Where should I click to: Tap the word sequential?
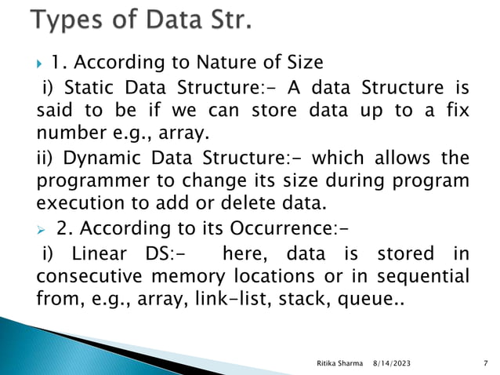tap(426, 276)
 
